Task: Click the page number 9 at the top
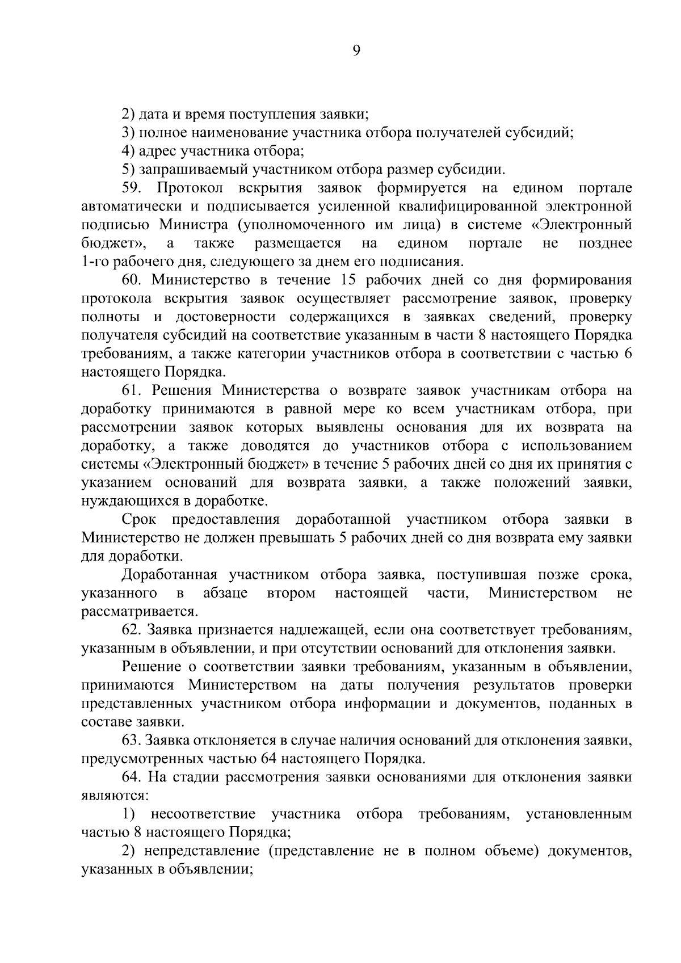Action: [356, 51]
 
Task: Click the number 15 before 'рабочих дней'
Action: [351, 280]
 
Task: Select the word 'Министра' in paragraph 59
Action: [188, 225]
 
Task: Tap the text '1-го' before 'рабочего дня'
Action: [94, 262]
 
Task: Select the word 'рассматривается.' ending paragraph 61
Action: [140, 612]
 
